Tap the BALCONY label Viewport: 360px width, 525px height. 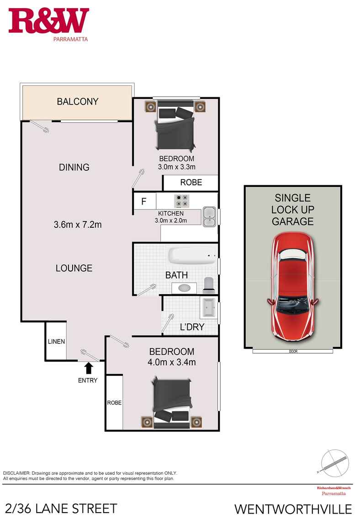tap(77, 101)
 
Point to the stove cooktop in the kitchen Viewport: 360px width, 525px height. tap(181, 201)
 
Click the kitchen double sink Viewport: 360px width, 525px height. tap(209, 217)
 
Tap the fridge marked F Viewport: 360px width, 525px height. tap(144, 201)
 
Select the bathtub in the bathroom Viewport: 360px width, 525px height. tap(192, 256)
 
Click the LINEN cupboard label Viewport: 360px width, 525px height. tap(56, 341)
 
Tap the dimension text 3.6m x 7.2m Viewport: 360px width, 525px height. tap(77, 225)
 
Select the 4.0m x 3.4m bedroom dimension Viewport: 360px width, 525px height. tap(172, 362)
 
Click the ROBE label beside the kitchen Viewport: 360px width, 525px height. tap(191, 183)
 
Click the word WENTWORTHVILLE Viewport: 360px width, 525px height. tap(293, 509)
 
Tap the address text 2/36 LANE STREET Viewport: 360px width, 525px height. tap(61, 509)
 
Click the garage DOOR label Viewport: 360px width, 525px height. tap(293, 352)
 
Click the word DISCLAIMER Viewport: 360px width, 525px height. tap(16, 473)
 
